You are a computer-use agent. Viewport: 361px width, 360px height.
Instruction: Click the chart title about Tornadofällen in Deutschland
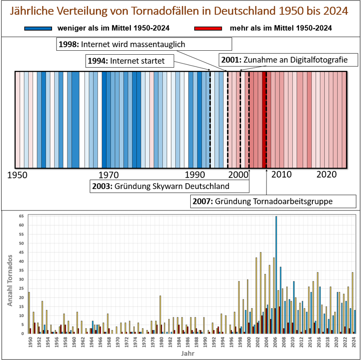tap(179, 11)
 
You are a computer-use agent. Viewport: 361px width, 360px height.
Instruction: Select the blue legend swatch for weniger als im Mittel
tap(38, 28)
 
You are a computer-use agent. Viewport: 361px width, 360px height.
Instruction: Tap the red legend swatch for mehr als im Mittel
tap(208, 28)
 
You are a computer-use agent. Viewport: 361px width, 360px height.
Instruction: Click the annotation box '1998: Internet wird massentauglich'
tap(144, 44)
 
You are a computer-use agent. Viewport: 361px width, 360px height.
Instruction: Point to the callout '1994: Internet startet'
tap(130, 61)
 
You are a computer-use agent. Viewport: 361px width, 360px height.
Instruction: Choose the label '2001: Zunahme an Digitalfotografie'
tap(288, 60)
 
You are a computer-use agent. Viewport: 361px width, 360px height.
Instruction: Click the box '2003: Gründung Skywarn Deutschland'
tap(169, 186)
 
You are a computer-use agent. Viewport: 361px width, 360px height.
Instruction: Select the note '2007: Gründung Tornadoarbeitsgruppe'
tap(273, 201)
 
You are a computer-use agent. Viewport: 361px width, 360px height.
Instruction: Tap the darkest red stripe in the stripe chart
tap(264, 120)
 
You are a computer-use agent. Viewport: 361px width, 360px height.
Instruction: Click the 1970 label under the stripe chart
tap(109, 175)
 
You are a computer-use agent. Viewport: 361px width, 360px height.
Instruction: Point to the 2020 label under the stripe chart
tap(326, 175)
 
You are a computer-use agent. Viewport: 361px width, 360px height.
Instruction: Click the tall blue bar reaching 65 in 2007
tap(276, 275)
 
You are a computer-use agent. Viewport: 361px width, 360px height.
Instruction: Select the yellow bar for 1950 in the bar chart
tap(29, 313)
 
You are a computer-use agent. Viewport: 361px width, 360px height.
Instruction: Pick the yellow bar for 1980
tap(160, 315)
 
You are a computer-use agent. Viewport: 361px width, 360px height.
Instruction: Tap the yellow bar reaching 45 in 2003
tap(261, 293)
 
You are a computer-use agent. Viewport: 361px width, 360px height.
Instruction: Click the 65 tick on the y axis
tap(21, 216)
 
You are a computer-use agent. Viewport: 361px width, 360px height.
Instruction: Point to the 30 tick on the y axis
tap(21, 280)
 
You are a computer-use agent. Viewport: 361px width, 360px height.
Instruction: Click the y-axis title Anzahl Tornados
tap(10, 280)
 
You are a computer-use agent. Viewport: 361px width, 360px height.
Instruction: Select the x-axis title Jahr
tap(188, 353)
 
